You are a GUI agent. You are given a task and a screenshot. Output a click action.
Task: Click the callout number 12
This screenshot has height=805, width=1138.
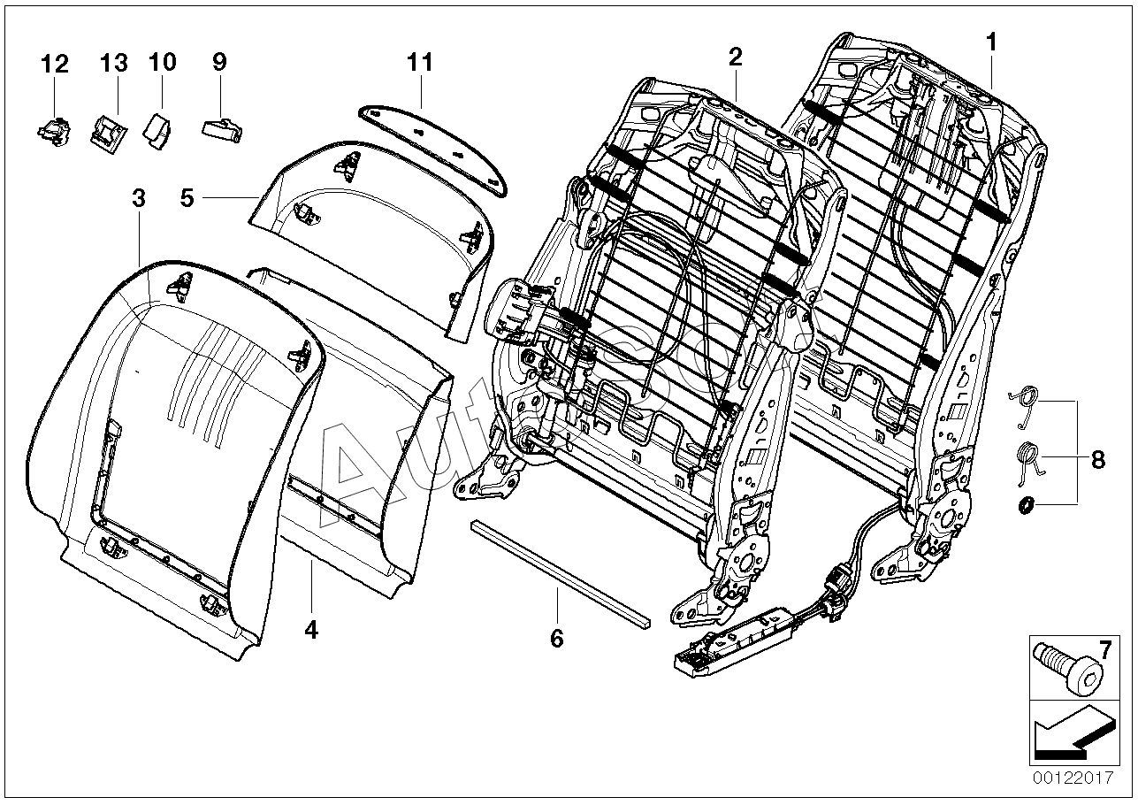pyautogui.click(x=54, y=64)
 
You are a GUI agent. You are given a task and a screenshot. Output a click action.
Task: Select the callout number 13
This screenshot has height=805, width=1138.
pyautogui.click(x=113, y=64)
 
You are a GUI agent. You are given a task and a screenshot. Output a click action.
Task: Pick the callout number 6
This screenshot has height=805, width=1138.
pyautogui.click(x=556, y=638)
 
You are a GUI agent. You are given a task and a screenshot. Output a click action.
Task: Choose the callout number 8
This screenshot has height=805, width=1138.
pyautogui.click(x=1097, y=459)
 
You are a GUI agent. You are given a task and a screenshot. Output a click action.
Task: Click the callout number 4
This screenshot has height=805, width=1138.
pyautogui.click(x=310, y=630)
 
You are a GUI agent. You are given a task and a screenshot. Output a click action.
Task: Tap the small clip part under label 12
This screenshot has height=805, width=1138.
pyautogui.click(x=53, y=132)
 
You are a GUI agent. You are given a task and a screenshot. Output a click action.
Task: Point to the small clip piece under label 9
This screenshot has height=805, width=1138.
pyautogui.click(x=222, y=129)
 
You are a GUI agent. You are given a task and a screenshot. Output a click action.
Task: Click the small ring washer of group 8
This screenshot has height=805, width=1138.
pyautogui.click(x=1027, y=505)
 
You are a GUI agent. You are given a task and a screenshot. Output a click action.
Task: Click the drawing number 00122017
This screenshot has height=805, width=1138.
pyautogui.click(x=1071, y=778)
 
